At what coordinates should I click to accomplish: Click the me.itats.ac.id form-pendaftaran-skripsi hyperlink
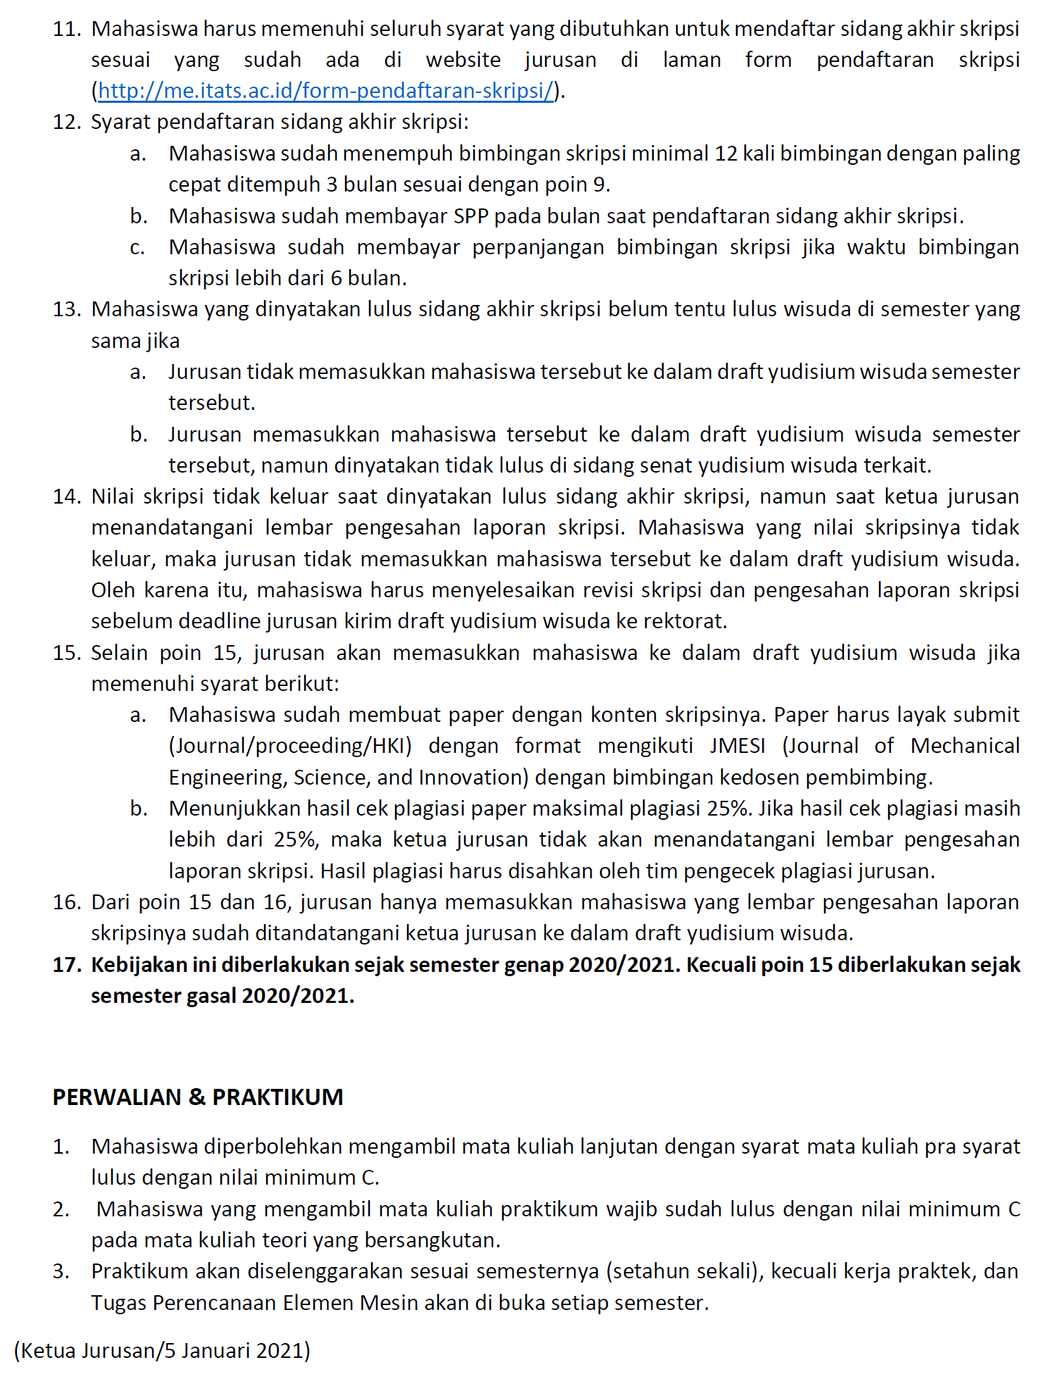pyautogui.click(x=325, y=91)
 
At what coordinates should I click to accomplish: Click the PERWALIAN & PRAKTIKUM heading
pyautogui.click(x=198, y=1097)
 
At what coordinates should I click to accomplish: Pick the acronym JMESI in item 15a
pyautogui.click(x=738, y=746)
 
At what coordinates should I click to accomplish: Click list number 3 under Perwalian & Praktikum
pyautogui.click(x=61, y=1271)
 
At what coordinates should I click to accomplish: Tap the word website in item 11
pyautogui.click(x=463, y=60)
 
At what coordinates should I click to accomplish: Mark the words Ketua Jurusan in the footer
pyautogui.click(x=88, y=1350)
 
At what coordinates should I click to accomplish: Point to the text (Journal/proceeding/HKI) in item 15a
pyautogui.click(x=290, y=746)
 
